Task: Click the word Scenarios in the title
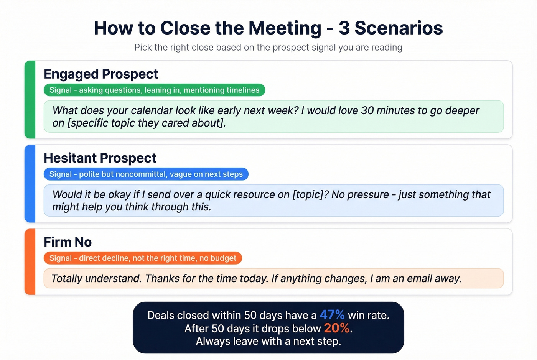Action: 399,28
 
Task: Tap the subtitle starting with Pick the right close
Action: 268,48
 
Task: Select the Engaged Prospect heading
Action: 101,74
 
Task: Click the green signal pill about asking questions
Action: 154,90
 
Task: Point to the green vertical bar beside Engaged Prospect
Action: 30,99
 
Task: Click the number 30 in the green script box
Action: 367,110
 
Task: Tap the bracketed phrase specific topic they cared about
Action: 146,123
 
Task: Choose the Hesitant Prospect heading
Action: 100,158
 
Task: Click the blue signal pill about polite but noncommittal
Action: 146,174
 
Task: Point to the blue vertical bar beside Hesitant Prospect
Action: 30,183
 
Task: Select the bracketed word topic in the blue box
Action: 310,194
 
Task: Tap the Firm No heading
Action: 68,242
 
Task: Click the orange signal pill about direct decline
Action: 143,258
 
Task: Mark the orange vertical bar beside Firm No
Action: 30,262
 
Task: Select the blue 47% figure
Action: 332,315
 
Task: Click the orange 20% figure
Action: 336,328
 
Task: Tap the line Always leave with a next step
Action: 268,341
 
